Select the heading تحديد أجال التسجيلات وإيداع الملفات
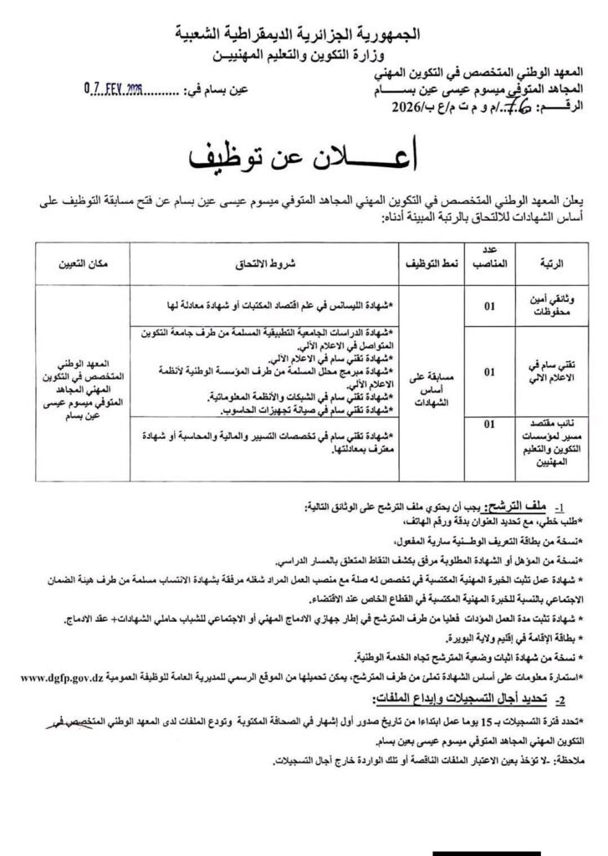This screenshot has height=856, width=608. (x=478, y=695)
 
